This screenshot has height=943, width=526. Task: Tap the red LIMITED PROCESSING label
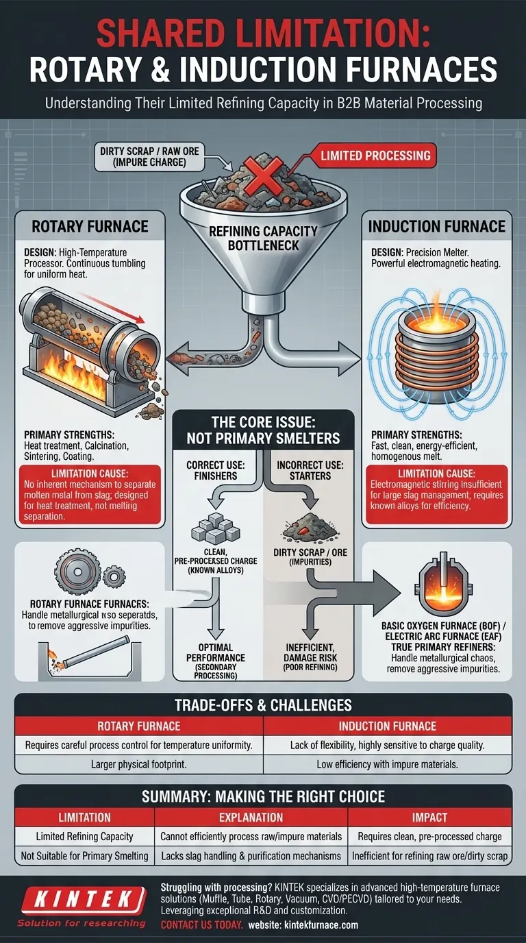point(375,155)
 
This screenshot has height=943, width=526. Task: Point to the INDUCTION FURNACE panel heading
point(437,226)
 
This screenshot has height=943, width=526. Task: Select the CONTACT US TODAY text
point(201,924)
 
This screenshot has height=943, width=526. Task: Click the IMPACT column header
point(429,817)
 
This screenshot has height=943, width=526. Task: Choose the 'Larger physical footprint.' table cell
point(138,763)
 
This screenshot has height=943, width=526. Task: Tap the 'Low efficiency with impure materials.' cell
point(387,763)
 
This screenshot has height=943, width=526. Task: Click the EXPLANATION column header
point(251,817)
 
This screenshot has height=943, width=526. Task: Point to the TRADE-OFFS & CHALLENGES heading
point(263,705)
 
